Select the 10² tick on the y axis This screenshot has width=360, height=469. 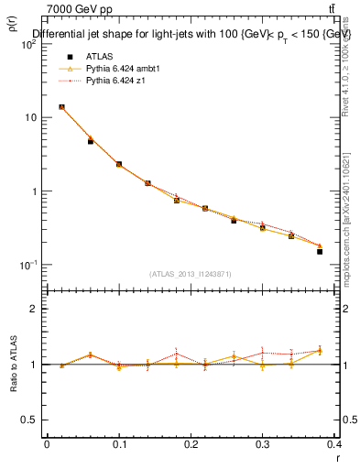click(29, 44)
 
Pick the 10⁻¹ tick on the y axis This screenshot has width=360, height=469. click(29, 265)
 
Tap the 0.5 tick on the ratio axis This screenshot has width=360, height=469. click(31, 420)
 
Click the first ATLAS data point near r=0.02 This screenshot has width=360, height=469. click(61, 107)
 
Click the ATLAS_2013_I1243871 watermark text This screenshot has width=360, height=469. click(191, 274)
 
